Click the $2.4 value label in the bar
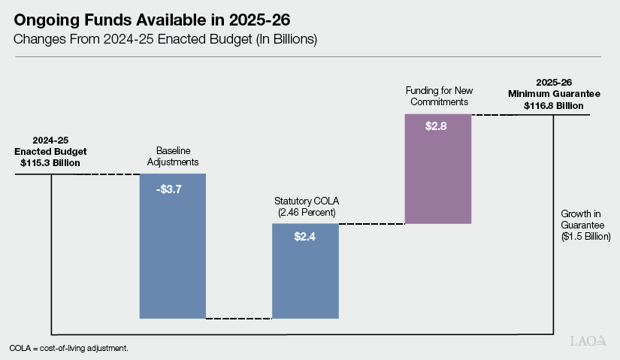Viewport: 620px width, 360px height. coord(305,235)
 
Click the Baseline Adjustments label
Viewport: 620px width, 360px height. coord(172,155)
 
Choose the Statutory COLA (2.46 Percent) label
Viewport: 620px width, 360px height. coord(304,207)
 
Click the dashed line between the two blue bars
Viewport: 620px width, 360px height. coord(239,319)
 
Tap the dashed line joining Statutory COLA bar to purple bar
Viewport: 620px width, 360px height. coord(371,224)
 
